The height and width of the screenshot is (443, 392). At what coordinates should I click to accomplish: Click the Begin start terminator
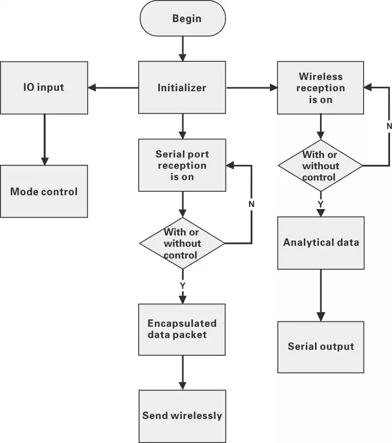coord(183,19)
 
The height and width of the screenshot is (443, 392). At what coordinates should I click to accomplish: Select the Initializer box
coord(182,88)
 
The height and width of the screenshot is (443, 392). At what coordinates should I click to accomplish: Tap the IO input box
coord(44,88)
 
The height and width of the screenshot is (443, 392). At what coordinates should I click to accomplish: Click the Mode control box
coord(44,191)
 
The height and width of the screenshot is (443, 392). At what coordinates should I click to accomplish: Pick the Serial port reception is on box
coord(182,165)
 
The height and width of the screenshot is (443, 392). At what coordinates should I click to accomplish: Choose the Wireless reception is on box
coord(320,88)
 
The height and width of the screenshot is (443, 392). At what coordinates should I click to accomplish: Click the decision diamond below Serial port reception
coord(182,243)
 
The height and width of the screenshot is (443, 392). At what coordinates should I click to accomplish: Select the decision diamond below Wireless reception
coord(320,166)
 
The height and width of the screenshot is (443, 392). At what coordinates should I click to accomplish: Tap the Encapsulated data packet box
coord(182,329)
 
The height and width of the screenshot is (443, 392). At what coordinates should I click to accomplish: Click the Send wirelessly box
coord(182,416)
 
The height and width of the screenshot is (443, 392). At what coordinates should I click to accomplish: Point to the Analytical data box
coord(320,243)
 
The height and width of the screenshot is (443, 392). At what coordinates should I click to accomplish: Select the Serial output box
coord(320,347)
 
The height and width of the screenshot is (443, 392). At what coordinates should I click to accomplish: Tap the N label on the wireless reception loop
coord(389,126)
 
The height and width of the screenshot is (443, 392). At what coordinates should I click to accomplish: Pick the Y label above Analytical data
coord(320,203)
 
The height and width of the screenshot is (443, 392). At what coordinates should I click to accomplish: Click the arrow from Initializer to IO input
coord(113,88)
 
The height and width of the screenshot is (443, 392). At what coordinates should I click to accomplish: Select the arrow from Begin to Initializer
coord(182,49)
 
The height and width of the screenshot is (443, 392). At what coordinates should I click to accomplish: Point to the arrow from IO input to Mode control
coord(45,139)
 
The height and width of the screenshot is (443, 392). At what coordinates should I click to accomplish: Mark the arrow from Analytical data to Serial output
coord(320,295)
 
